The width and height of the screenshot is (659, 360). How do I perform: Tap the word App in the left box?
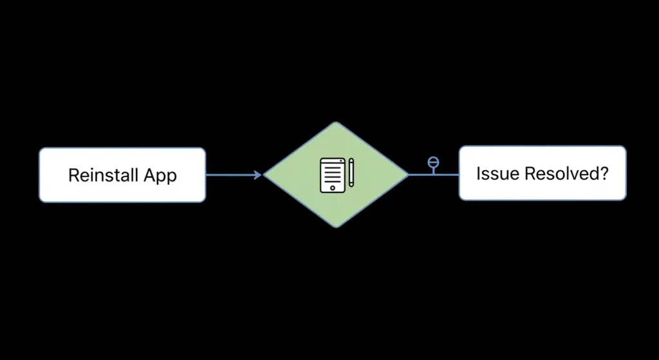(x=161, y=176)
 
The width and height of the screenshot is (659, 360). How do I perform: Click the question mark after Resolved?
(x=604, y=173)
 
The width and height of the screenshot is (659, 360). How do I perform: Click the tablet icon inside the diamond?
(x=332, y=174)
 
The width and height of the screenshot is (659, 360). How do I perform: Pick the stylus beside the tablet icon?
(x=351, y=173)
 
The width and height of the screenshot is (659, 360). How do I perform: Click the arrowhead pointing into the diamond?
(x=259, y=175)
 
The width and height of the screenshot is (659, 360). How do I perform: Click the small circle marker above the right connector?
(x=434, y=163)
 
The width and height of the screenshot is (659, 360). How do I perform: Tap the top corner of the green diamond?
(x=337, y=123)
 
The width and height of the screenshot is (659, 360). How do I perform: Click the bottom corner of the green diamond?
(x=337, y=227)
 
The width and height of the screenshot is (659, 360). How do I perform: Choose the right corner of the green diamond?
(x=407, y=174)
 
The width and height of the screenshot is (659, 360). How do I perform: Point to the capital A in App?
(x=152, y=175)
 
